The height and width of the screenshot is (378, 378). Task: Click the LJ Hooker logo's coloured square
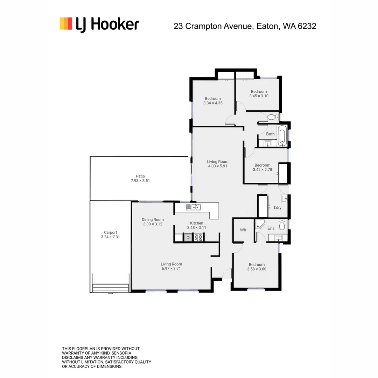click(66, 23)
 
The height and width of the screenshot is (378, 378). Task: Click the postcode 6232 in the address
click(307, 26)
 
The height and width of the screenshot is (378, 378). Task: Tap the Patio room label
click(140, 176)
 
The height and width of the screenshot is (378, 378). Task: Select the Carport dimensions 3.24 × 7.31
click(110, 237)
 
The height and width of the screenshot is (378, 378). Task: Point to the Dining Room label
click(153, 220)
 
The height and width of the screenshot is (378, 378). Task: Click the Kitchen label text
click(196, 223)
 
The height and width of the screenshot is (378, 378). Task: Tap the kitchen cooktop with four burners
click(198, 238)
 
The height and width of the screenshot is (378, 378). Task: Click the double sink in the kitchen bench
click(193, 207)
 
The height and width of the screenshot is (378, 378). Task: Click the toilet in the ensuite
click(282, 224)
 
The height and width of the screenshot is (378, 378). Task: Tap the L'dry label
click(278, 208)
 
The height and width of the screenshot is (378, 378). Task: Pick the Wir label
click(243, 230)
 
